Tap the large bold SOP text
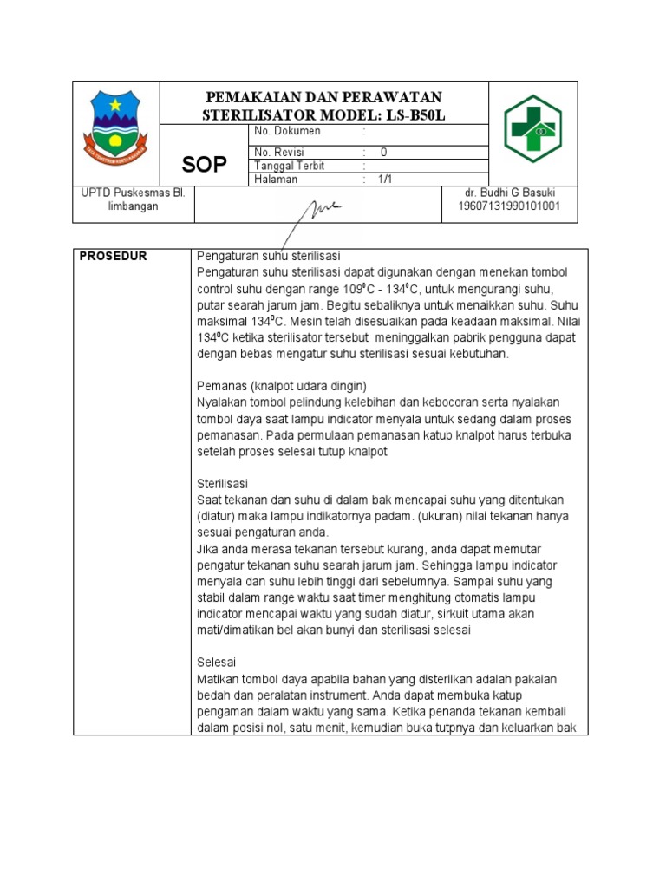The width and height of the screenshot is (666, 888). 205,165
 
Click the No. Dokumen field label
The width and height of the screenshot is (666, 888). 287,131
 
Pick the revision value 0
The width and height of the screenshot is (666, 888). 383,152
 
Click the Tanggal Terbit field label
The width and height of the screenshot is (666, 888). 290,166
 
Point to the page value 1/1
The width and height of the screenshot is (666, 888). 384,180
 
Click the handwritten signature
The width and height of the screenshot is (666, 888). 317,211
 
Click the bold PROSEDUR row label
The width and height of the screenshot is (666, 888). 114,256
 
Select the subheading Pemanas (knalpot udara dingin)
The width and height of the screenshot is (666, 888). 283,385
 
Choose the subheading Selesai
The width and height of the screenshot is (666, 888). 217,662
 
